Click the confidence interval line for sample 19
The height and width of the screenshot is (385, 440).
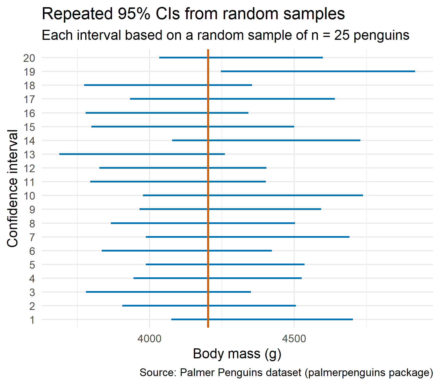[x=318, y=71]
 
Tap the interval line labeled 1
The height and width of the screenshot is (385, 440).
[x=262, y=319]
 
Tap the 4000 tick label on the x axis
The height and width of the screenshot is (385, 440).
[x=149, y=339]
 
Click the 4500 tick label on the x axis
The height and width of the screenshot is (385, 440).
[x=294, y=339]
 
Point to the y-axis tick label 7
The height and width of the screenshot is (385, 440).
[x=32, y=237]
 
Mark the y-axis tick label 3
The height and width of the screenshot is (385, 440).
[x=32, y=292]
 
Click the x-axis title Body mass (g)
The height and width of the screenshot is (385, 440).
[x=237, y=354]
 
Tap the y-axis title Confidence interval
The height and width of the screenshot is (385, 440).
[x=13, y=188]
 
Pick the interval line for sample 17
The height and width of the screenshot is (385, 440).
[x=232, y=99]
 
